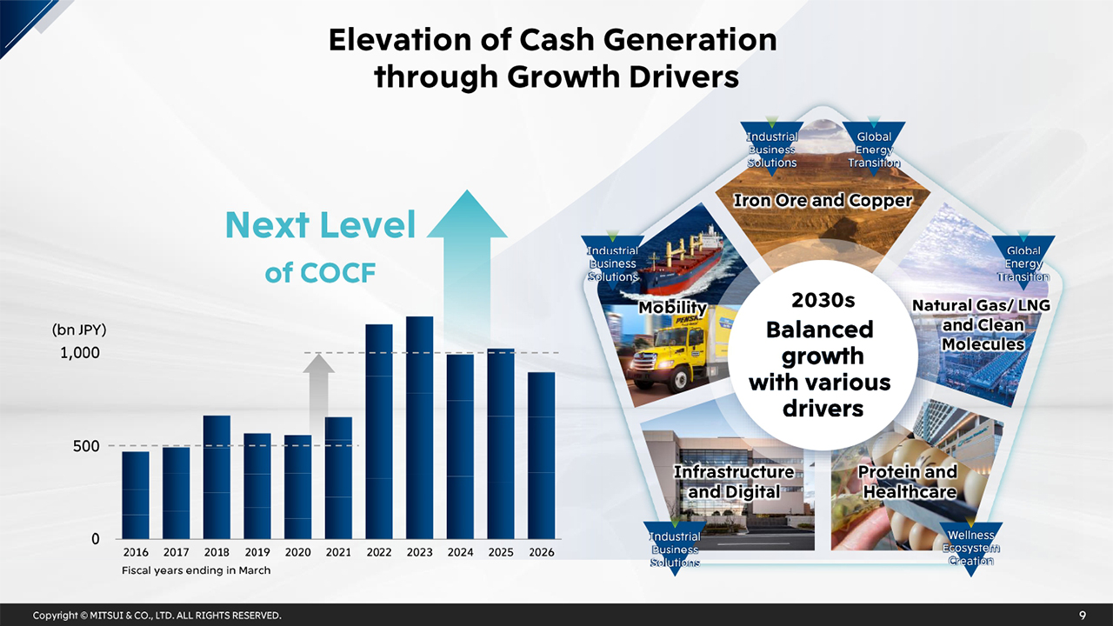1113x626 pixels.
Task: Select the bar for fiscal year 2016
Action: pos(136,495)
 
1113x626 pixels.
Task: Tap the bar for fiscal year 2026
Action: pos(541,456)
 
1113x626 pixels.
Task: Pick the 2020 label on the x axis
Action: pos(297,552)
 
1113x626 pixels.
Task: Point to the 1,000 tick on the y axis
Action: pos(80,353)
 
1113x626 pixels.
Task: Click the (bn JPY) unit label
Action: pos(79,330)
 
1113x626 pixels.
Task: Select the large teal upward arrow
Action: pos(467,261)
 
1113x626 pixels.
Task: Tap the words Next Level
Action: pos(320,226)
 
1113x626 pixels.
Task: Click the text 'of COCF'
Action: pos(320,273)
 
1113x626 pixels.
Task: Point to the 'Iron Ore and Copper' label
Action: pos(823,201)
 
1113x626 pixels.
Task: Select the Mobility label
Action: pos(672,308)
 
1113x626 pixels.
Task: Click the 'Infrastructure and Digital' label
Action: pos(734,482)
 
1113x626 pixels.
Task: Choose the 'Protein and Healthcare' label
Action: pos(909,482)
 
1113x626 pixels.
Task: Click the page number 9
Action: pos(1083,616)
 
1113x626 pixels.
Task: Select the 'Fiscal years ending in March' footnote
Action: pos(196,570)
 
